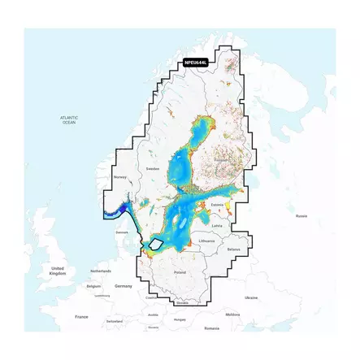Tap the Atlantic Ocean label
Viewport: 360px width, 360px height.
[x=69, y=120]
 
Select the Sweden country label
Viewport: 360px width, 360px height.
[x=153, y=168]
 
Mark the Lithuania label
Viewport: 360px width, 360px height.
[x=206, y=241]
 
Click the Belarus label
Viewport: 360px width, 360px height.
[x=234, y=249]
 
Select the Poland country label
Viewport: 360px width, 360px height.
[x=180, y=272]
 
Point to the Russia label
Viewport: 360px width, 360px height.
[x=301, y=216]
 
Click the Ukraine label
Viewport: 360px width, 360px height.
[x=251, y=297]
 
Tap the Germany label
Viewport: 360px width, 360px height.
[x=124, y=286]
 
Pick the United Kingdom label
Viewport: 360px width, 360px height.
[x=57, y=270]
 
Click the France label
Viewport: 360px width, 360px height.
[x=81, y=316]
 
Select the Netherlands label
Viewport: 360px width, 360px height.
[x=101, y=271]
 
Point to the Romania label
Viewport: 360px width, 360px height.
[x=212, y=327]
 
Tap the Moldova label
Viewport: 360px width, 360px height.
[x=233, y=314]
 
